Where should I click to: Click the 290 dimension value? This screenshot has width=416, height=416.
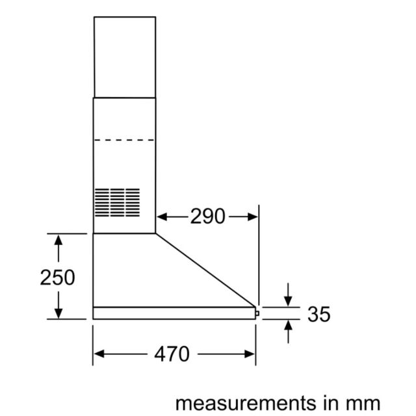208,216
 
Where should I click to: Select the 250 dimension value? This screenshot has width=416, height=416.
58,278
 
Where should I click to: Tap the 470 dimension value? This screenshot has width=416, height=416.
172,354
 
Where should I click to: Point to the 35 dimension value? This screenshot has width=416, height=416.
319,314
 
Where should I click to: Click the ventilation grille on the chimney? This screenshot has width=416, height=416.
117,202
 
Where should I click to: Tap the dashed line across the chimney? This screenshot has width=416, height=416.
124,140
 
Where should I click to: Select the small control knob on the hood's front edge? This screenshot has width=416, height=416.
257,313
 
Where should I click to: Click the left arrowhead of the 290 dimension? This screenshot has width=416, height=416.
162,216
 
